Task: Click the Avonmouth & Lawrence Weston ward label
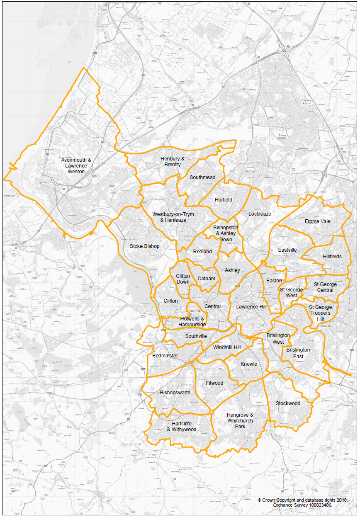(76, 165)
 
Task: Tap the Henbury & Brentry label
(173, 162)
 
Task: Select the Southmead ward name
(202, 177)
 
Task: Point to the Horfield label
(224, 200)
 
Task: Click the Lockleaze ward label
(260, 214)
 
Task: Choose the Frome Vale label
(318, 221)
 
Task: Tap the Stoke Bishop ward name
(144, 246)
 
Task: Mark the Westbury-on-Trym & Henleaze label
(173, 217)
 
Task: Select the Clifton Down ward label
(183, 279)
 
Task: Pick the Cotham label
(207, 279)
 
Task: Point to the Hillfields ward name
(332, 257)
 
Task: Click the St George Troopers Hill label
(321, 313)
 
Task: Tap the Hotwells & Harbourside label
(192, 321)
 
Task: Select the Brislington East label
(298, 353)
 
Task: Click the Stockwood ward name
(288, 403)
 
